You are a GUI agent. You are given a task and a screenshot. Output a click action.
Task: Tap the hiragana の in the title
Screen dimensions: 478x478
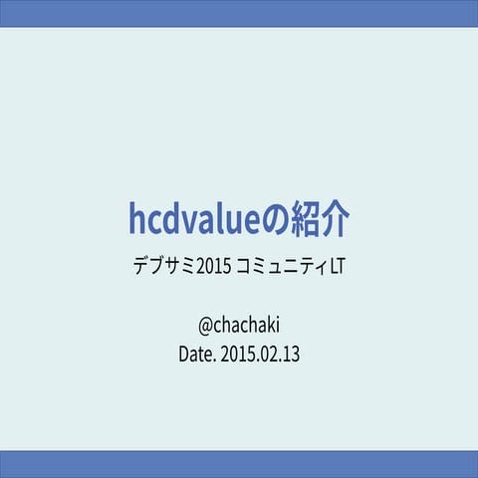pyautogui.click(x=276, y=219)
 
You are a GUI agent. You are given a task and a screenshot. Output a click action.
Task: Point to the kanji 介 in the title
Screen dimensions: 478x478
pyautogui.click(x=337, y=218)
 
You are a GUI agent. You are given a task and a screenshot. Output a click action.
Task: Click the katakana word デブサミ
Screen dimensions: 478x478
pyautogui.click(x=163, y=268)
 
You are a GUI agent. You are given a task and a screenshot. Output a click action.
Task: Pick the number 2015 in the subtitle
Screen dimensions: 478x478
pyautogui.click(x=214, y=268)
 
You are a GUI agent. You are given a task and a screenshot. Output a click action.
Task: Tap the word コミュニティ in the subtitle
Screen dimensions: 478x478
pyautogui.click(x=280, y=268)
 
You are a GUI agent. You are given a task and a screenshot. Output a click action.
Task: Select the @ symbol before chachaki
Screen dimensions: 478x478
pyautogui.click(x=207, y=326)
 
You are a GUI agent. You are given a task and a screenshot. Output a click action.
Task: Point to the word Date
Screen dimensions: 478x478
pyautogui.click(x=194, y=353)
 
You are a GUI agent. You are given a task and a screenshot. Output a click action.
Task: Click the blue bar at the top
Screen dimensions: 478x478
pyautogui.click(x=239, y=13)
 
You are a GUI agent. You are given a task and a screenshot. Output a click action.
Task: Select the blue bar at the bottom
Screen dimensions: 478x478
pyautogui.click(x=239, y=464)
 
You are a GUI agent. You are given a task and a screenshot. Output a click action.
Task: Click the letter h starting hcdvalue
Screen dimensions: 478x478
pyautogui.click(x=136, y=217)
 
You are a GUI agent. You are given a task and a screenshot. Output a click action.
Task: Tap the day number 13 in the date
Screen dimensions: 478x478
pyautogui.click(x=291, y=353)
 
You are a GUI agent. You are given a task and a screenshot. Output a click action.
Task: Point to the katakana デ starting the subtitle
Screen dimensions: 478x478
pyautogui.click(x=141, y=268)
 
